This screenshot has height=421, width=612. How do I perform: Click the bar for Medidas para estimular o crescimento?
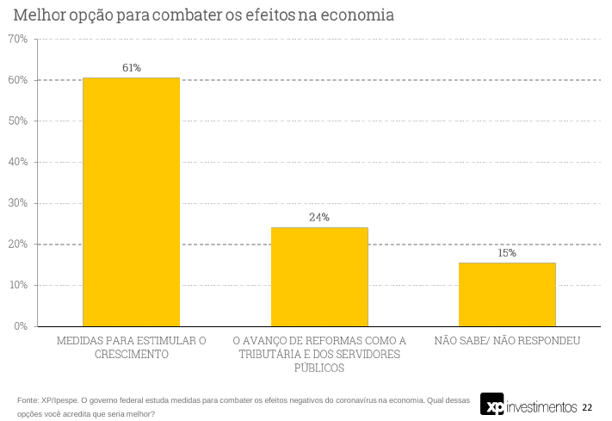131,201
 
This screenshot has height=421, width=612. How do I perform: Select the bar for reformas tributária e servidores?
319,276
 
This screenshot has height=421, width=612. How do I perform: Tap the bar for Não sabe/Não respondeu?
507,294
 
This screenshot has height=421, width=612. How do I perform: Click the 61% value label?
131,67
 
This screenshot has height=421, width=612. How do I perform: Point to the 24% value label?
319,217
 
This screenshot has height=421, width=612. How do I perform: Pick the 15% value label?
507,252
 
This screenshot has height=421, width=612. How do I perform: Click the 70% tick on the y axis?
18,40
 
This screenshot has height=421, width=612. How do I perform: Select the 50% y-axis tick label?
18,121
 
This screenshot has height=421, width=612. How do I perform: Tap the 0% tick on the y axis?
21,326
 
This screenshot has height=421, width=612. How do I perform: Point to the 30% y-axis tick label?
18,203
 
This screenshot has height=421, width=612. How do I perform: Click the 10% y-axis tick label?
18,285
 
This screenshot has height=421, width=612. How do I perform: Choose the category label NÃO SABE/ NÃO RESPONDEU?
507,341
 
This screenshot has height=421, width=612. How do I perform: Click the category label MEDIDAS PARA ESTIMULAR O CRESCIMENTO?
131,347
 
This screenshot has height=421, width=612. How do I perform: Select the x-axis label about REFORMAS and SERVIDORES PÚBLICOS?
319,354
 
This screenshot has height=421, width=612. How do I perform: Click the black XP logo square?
492,404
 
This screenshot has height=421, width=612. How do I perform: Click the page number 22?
587,406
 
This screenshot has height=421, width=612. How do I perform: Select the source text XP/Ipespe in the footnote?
58,399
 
